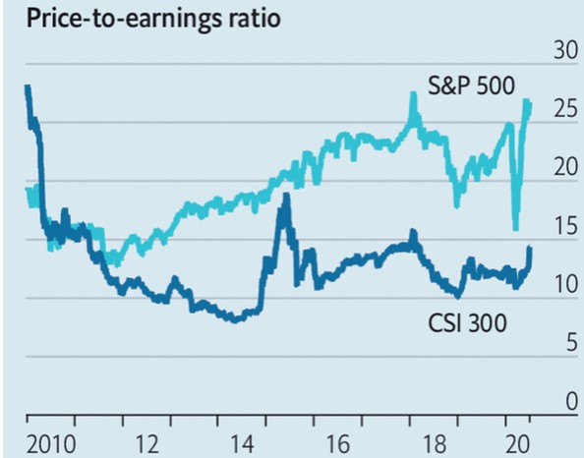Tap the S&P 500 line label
471,85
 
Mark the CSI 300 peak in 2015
285,196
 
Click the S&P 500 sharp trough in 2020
515,228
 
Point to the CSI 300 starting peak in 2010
27,87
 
